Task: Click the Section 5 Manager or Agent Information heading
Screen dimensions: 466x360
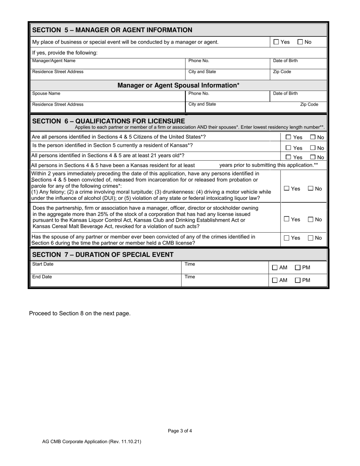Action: point(112,30)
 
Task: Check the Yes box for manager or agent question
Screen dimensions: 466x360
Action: point(276,42)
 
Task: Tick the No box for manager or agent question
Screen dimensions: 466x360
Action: point(300,42)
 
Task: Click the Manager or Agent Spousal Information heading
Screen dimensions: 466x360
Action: point(178,85)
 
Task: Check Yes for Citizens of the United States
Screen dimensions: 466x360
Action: point(288,138)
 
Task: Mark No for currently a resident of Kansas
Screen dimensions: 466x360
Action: point(313,148)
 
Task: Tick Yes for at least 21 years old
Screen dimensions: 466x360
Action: point(288,157)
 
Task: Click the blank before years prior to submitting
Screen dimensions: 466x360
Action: point(207,165)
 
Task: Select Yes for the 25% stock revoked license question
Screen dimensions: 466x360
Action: point(287,219)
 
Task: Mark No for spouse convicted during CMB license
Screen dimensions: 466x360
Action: point(311,238)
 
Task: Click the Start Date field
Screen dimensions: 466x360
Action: point(106,267)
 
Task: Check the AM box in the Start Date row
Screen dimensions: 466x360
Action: point(275,268)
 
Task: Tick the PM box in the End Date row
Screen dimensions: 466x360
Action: point(298,281)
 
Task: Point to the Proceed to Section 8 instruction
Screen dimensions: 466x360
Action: point(80,313)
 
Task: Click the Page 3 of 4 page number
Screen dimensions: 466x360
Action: point(180,431)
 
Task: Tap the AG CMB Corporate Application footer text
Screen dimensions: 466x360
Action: point(92,441)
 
